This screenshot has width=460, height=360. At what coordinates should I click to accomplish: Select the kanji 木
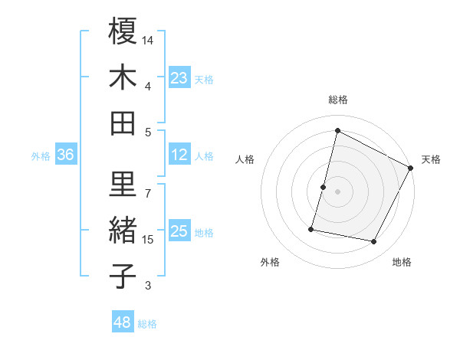tap(123, 77)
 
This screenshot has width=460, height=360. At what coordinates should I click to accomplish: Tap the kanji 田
tap(123, 123)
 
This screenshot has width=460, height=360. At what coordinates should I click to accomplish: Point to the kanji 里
tap(123, 183)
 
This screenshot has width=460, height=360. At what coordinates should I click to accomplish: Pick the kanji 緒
tap(123, 230)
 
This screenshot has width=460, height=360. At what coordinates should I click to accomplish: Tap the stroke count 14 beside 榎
tap(149, 39)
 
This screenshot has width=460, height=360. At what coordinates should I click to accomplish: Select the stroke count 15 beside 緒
tap(149, 240)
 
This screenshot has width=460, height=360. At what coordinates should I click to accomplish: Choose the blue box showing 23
tap(179, 78)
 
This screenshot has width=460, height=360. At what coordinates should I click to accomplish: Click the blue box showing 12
tap(179, 155)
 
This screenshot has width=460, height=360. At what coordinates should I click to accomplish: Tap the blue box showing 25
tap(179, 232)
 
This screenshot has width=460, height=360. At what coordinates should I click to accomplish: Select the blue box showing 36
tap(66, 155)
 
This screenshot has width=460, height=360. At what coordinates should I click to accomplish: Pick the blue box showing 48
tap(123, 322)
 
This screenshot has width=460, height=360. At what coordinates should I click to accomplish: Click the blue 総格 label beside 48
tap(147, 324)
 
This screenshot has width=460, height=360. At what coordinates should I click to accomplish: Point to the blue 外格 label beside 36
tap(41, 156)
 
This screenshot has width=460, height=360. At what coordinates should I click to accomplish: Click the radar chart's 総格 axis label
tap(337, 100)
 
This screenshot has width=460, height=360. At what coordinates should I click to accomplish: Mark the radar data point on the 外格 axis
tap(311, 228)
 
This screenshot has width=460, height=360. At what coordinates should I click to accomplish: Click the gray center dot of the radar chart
tap(337, 191)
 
